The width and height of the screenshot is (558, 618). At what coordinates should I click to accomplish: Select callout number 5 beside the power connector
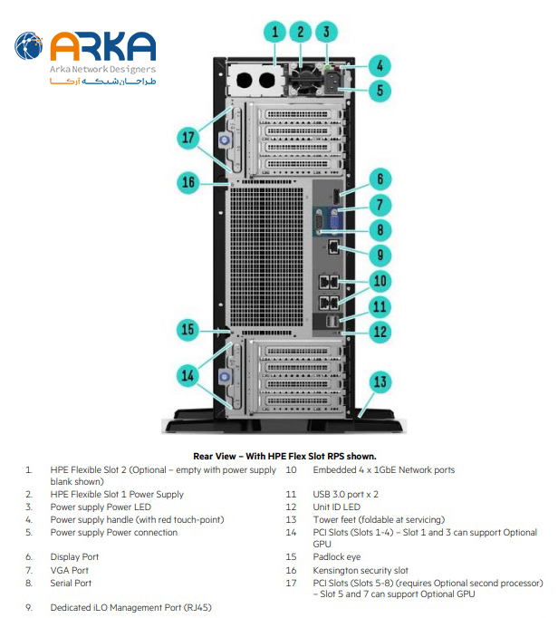[381, 90]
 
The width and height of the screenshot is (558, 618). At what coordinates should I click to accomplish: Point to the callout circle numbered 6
[381, 179]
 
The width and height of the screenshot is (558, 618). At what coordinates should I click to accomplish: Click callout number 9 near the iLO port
[381, 254]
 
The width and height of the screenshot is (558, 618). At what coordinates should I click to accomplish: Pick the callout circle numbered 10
[381, 281]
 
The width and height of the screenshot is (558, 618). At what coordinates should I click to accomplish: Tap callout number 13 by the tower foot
[381, 381]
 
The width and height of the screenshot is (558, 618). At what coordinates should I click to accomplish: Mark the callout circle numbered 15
[188, 329]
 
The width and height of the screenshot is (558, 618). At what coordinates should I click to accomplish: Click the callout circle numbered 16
[188, 182]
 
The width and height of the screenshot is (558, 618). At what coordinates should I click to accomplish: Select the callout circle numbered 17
[188, 138]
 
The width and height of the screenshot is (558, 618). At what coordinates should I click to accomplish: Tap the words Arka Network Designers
[102, 69]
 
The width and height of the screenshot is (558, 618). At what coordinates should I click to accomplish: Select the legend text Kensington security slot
[361, 570]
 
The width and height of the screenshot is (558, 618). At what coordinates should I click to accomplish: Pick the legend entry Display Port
[75, 557]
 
